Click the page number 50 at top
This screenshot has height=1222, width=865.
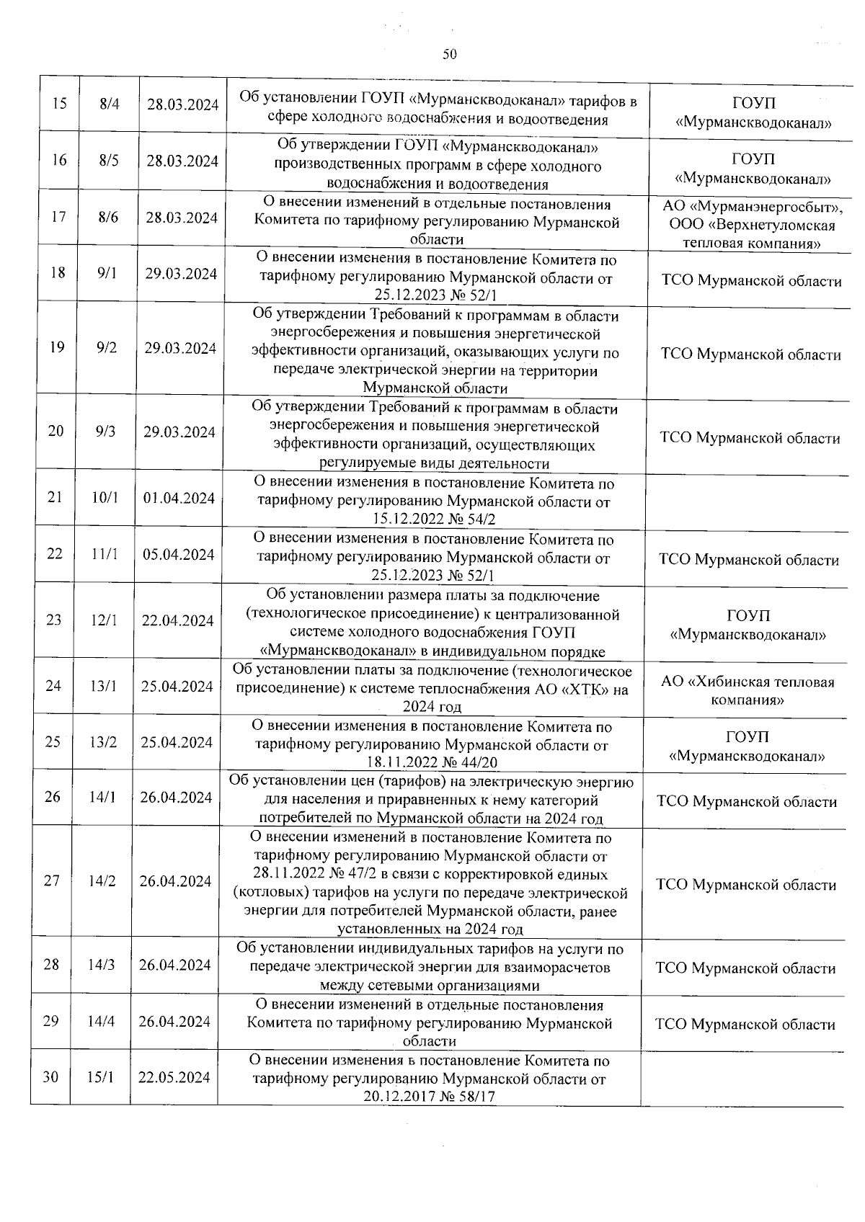(450, 54)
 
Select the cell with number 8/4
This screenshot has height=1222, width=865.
(110, 104)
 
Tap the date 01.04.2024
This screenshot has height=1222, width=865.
(179, 498)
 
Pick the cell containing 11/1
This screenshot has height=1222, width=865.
(105, 554)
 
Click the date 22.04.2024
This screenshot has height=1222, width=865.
(177, 620)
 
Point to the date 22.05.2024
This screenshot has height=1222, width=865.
(174, 1077)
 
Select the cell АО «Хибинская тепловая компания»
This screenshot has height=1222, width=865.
(748, 690)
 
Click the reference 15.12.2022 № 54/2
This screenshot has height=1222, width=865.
(434, 519)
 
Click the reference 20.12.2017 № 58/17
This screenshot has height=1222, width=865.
(430, 1097)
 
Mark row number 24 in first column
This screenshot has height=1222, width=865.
(53, 685)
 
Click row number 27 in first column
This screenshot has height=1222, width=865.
(51, 880)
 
